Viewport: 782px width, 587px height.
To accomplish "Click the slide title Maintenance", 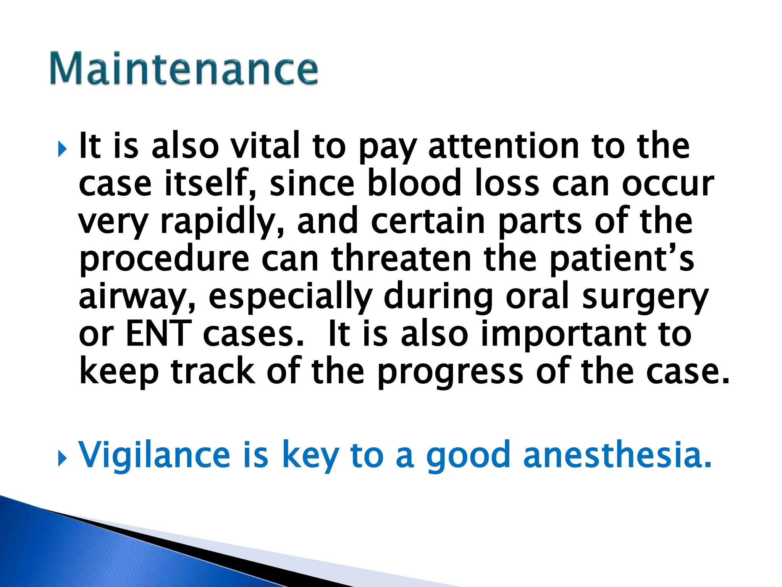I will pyautogui.click(x=184, y=69).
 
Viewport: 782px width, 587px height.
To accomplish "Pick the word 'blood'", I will pyautogui.click(x=414, y=183).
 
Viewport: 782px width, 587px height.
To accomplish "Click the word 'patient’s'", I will pyautogui.click(x=622, y=259).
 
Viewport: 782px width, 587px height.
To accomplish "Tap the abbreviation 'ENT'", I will pyautogui.click(x=158, y=334).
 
